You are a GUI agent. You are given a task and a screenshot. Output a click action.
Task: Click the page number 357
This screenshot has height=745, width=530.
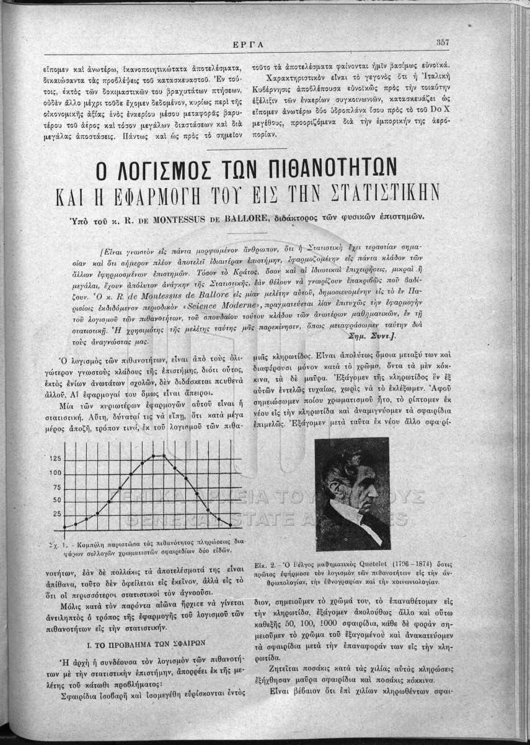pyautogui.click(x=443, y=42)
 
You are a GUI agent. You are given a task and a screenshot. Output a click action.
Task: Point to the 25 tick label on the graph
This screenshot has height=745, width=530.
pyautogui.click(x=57, y=514)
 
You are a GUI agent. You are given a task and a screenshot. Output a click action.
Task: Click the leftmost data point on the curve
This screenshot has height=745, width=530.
pyautogui.click(x=65, y=528)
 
